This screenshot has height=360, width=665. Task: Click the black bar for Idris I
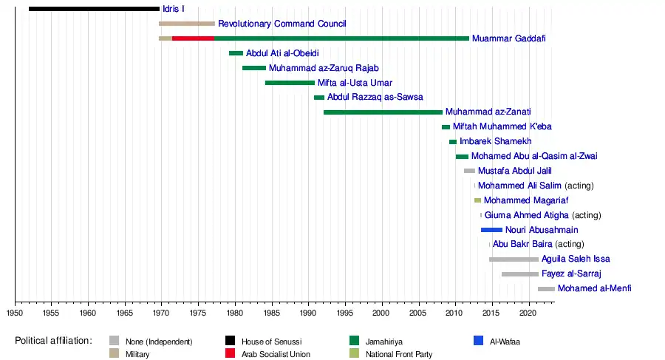pyautogui.click(x=94, y=9)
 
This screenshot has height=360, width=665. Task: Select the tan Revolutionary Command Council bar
pyautogui.click(x=186, y=24)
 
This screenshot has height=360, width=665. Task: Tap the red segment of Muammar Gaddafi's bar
pyautogui.click(x=193, y=38)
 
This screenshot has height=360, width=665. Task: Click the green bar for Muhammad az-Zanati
pyautogui.click(x=383, y=112)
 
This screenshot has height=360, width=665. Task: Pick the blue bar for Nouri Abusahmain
pyautogui.click(x=491, y=230)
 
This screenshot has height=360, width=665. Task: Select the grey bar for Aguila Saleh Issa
pyautogui.click(x=514, y=259)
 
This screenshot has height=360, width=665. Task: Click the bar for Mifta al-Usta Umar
pyautogui.click(x=290, y=83)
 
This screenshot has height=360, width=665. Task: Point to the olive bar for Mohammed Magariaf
pyautogui.click(x=477, y=200)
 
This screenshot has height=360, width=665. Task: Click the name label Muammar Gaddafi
pyautogui.click(x=508, y=38)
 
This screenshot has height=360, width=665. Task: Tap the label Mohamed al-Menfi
pyautogui.click(x=594, y=288)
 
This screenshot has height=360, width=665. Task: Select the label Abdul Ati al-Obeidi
pyautogui.click(x=282, y=53)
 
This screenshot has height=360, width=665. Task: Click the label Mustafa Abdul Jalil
pyautogui.click(x=514, y=171)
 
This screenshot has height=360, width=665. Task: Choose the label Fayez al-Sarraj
pyautogui.click(x=571, y=274)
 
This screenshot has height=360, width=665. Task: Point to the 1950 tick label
pyautogui.click(x=15, y=313)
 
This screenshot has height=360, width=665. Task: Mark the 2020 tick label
pyautogui.click(x=528, y=313)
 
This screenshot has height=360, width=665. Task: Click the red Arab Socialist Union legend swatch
pyautogui.click(x=231, y=354)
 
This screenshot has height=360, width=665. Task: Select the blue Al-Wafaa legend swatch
pyautogui.click(x=478, y=341)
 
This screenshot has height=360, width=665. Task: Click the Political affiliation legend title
pyautogui.click(x=53, y=341)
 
